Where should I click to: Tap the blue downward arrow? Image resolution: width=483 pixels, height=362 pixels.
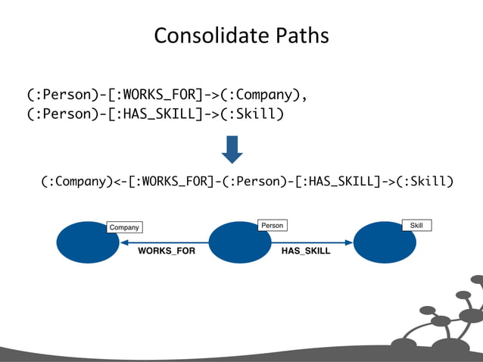pyautogui.click(x=232, y=149)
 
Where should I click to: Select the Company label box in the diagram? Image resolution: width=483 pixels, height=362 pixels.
pyautogui.click(x=124, y=227)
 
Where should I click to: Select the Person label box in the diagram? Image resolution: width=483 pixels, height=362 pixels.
pyautogui.click(x=271, y=226)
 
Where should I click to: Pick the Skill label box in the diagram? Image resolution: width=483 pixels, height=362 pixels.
pyautogui.click(x=416, y=226)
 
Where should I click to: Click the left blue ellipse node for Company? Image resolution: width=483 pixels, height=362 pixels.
pyautogui.click(x=88, y=242)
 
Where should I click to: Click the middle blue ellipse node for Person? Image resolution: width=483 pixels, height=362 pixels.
pyautogui.click(x=239, y=242)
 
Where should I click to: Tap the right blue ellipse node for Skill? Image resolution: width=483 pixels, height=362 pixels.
pyautogui.click(x=384, y=242)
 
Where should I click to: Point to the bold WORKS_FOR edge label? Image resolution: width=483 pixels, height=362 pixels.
pyautogui.click(x=166, y=251)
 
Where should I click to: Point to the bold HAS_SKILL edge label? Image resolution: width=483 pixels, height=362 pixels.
pyautogui.click(x=306, y=251)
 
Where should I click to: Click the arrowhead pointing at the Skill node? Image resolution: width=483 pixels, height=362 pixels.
pyautogui.click(x=349, y=242)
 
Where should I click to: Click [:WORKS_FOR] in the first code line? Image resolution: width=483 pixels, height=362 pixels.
pyautogui.click(x=151, y=95)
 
